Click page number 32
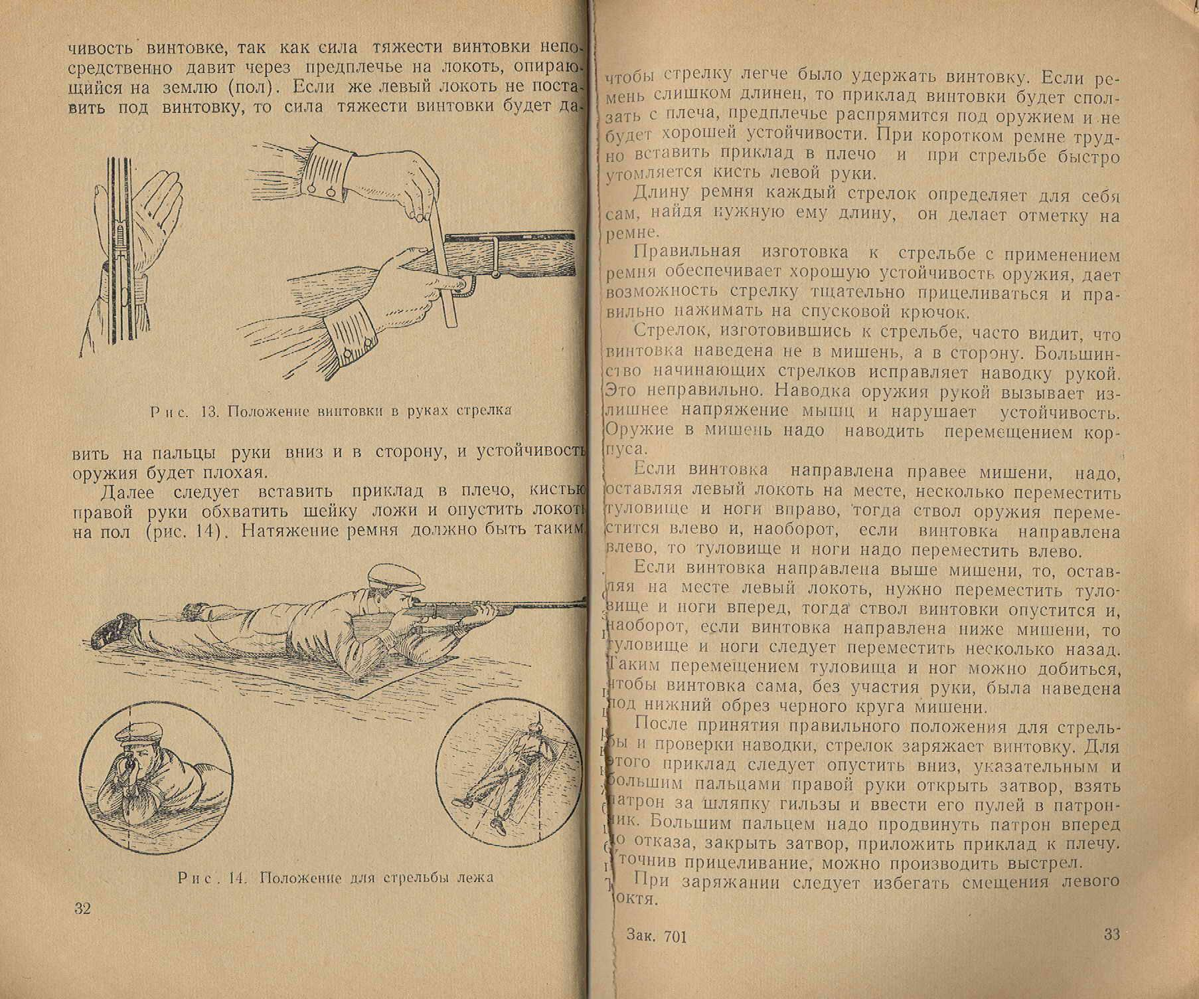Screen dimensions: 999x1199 [82, 909]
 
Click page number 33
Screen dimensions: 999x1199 [1111, 935]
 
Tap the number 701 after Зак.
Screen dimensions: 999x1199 [674, 937]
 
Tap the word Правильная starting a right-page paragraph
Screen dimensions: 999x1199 [686, 252]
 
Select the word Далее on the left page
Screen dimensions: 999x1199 [127, 492]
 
